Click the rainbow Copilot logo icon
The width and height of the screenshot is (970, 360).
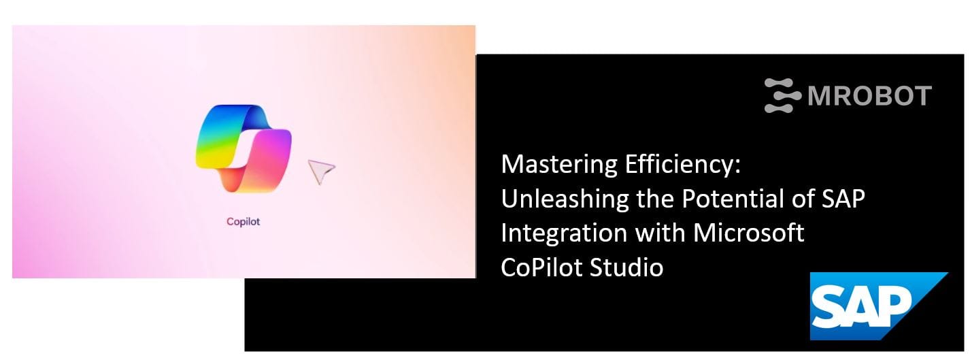click(x=243, y=148)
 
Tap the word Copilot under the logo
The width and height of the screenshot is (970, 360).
click(x=243, y=222)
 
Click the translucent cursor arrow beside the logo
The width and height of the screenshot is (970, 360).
click(x=321, y=171)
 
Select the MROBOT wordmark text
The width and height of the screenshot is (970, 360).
click(x=869, y=96)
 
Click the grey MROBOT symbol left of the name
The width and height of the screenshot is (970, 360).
click(x=782, y=95)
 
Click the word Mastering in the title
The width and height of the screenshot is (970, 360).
click(x=559, y=165)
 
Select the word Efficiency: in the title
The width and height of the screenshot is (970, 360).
click(x=683, y=165)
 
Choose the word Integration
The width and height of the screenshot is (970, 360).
click(x=564, y=233)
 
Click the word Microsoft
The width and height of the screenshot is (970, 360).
click(x=749, y=233)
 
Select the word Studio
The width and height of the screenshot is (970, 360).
click(x=626, y=267)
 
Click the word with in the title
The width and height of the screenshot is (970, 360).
click(x=660, y=233)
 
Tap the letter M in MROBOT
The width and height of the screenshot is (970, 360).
click(x=818, y=96)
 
